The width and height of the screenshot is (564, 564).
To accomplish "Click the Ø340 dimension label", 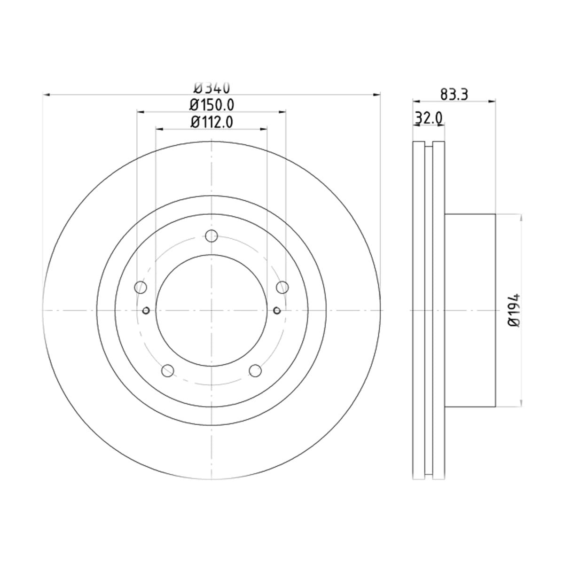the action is [212, 88].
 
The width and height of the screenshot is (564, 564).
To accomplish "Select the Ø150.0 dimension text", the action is [211, 105].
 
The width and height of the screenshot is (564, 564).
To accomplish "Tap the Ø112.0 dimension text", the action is [211, 122].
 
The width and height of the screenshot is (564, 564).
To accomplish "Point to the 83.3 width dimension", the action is [454, 94].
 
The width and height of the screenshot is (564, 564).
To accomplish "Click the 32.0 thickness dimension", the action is [429, 118].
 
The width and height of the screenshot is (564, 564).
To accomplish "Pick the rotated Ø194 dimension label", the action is [515, 310].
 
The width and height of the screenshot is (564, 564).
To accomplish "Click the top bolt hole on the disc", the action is [211, 235].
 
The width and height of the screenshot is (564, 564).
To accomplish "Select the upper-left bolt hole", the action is [141, 287].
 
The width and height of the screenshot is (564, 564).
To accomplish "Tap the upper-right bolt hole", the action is [282, 287].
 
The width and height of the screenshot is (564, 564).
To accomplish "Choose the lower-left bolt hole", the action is [168, 371].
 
